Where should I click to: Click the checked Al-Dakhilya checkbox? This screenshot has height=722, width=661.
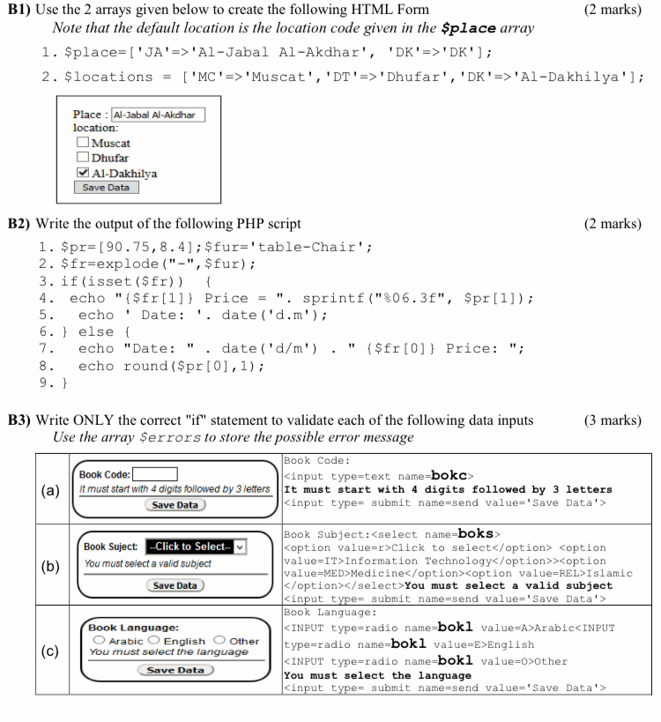pyautogui.click(x=82, y=174)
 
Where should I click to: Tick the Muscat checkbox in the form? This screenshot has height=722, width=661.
pyautogui.click(x=82, y=144)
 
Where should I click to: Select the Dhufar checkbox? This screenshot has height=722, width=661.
pyautogui.click(x=82, y=159)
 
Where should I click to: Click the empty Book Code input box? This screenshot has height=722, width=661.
pyautogui.click(x=155, y=473)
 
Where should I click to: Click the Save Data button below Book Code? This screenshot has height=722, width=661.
pyautogui.click(x=175, y=505)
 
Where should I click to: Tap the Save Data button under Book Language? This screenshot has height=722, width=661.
pyautogui.click(x=176, y=670)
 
